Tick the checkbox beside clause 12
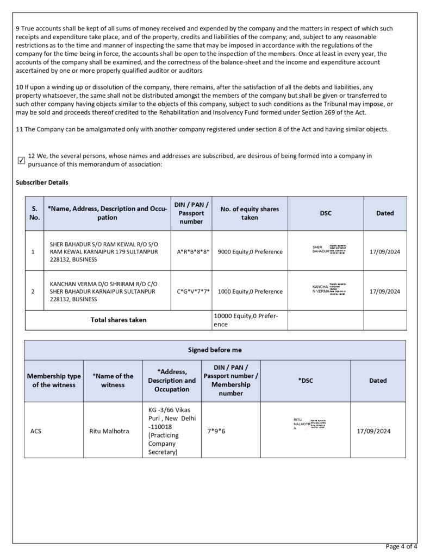pyautogui.click(x=21, y=160)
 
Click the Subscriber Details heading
pyautogui.click(x=42, y=182)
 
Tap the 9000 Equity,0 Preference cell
pyautogui.click(x=250, y=252)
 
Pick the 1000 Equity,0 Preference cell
pyautogui.click(x=250, y=292)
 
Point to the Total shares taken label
pyautogui.click(x=118, y=320)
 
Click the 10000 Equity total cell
pyautogui.click(x=250, y=320)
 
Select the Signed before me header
pyautogui.click(x=215, y=350)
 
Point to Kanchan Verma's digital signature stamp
pyautogui.click(x=329, y=289)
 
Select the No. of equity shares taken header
pyautogui.click(x=250, y=213)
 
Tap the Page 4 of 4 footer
pyautogui.click(x=401, y=546)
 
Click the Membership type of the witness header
pyautogui.click(x=54, y=381)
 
